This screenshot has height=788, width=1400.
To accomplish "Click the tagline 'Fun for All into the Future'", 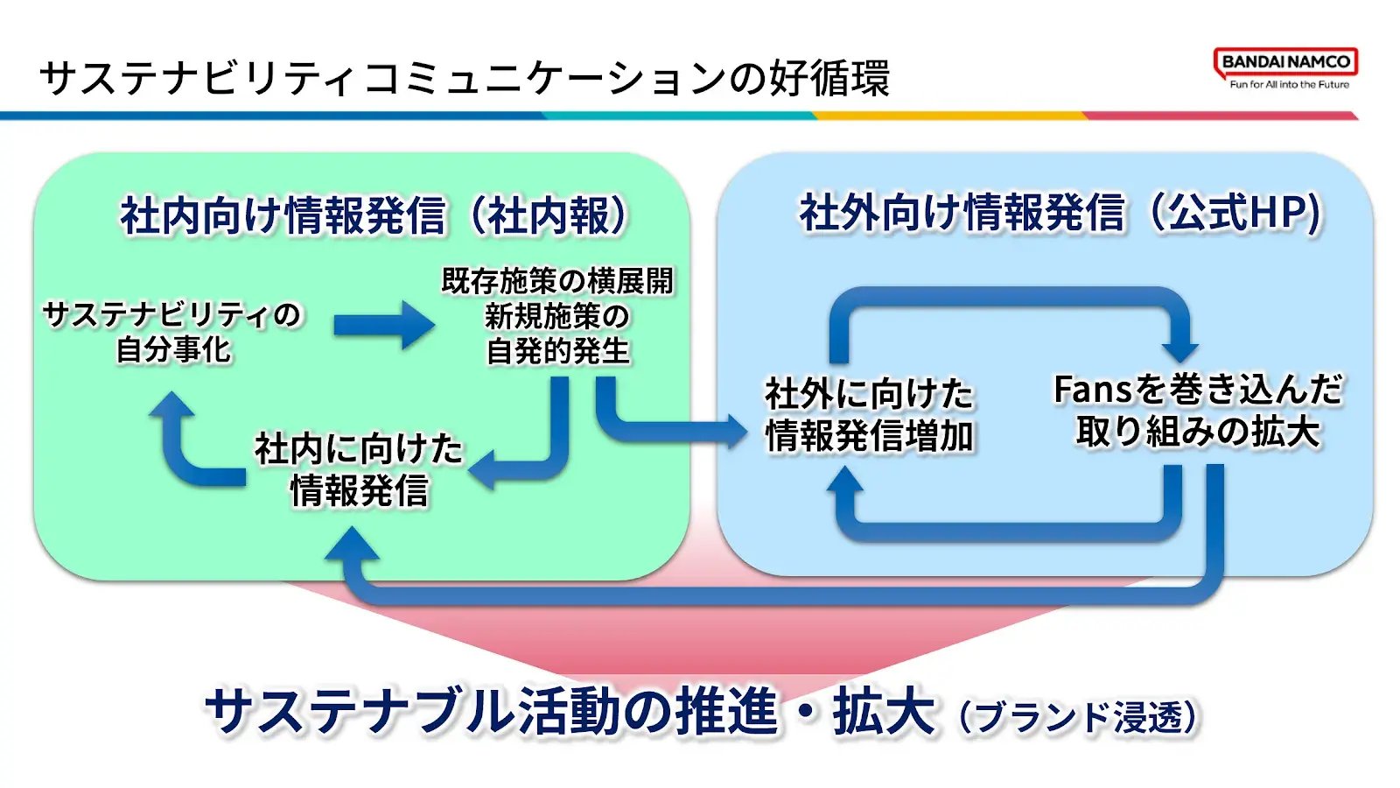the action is (x=1290, y=84).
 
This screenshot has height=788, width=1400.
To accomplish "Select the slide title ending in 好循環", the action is (x=465, y=78).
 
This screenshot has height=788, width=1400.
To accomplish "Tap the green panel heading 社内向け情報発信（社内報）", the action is (x=373, y=215).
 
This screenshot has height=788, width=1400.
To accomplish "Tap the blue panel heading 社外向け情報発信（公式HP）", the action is (x=1061, y=214).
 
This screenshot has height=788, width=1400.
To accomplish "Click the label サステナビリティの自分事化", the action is (x=172, y=332).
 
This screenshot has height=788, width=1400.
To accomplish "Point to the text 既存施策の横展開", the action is (x=556, y=281).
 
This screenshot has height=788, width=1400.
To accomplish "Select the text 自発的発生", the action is (x=557, y=351).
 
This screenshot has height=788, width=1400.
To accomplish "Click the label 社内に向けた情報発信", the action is (x=359, y=469).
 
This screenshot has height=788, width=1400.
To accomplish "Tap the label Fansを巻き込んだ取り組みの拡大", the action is (x=1198, y=411).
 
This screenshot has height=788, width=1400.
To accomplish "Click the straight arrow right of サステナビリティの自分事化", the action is (x=384, y=325).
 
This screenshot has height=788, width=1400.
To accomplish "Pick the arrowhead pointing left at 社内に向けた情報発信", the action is (x=482, y=470).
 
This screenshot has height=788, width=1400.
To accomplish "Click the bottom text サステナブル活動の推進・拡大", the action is (x=570, y=711).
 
